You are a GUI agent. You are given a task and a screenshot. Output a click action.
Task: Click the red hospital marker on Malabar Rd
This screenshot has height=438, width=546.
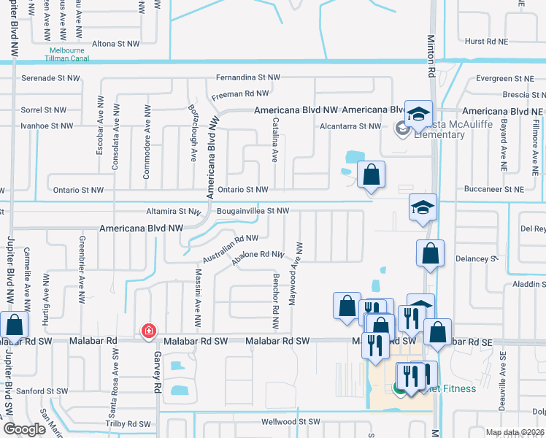(149, 331)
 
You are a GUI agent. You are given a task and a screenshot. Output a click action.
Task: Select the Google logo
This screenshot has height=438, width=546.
(24, 429)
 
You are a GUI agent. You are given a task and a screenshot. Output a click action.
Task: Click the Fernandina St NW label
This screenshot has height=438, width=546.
(248, 77)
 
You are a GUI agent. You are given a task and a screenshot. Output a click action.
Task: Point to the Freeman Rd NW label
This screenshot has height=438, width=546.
(240, 94)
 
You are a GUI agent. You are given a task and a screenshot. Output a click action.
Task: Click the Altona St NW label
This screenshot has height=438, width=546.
(115, 44)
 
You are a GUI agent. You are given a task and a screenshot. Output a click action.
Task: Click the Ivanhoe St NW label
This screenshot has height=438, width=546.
(47, 126)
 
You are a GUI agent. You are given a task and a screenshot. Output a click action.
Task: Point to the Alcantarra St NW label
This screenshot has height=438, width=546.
(350, 126)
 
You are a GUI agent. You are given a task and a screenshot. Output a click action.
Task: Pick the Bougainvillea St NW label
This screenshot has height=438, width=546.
(253, 211)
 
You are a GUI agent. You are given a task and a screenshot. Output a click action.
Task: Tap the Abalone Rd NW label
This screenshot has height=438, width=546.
(257, 255)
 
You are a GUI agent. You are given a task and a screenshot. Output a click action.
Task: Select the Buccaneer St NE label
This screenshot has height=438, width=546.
(494, 189)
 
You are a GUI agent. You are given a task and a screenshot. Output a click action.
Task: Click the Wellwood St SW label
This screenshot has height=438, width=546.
(291, 422)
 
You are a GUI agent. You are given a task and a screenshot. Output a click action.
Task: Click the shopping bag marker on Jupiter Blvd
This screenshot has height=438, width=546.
(14, 325)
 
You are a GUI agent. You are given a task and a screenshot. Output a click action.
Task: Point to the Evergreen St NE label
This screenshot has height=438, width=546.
(504, 78)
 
